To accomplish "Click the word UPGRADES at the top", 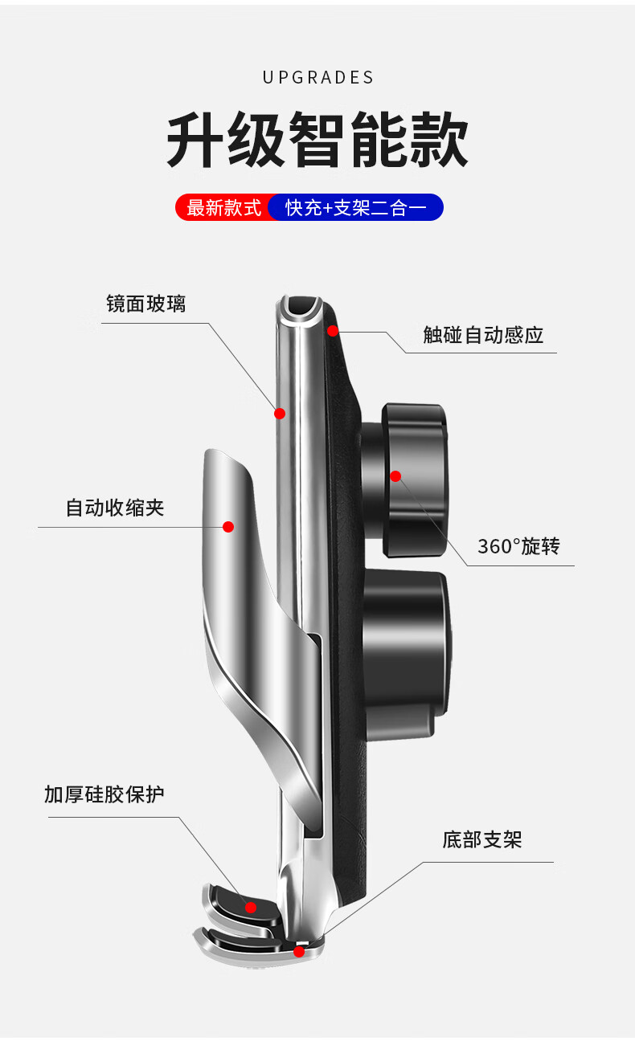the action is pos(317,78).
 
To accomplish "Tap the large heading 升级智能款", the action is pos(317,141).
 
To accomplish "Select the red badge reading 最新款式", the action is pos(223,208).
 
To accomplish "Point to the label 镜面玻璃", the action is pos(145,304).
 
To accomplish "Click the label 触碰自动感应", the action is pos(483,335).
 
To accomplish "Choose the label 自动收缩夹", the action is pos(114,508).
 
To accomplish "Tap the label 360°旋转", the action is pos(518,547).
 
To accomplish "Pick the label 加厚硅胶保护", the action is pos(104,795).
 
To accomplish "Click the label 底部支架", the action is pos(481,840).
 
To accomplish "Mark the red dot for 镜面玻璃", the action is pos(280,414).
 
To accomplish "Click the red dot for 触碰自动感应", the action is pos(333,330).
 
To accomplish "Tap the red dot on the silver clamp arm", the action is pos(228,527).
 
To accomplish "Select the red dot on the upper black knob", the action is pos(395,476).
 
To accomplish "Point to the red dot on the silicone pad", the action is pos(251,908).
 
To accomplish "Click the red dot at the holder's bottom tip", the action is pos(299,952).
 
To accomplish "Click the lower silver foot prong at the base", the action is pos(241,948).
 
